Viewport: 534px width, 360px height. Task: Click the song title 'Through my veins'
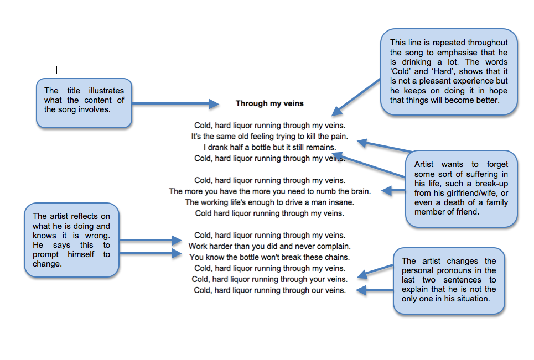pyautogui.click(x=269, y=103)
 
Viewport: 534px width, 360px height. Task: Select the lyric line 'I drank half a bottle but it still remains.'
pyautogui.click(x=269, y=147)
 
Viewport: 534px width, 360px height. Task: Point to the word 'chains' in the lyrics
pyautogui.click(x=337, y=257)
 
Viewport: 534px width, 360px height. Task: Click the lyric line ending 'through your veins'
pyautogui.click(x=269, y=279)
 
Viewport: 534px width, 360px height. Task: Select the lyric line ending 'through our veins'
pyautogui.click(x=269, y=290)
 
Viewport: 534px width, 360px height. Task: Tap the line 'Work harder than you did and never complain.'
pyautogui.click(x=269, y=246)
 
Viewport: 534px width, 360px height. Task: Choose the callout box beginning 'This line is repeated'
pyautogui.click(x=449, y=72)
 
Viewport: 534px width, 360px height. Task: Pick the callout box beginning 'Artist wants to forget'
pyautogui.click(x=462, y=188)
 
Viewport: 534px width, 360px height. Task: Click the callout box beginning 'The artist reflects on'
pyautogui.click(x=71, y=240)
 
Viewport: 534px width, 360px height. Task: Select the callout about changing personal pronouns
pyautogui.click(x=449, y=280)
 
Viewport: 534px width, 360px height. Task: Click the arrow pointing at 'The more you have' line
pyautogui.click(x=393, y=191)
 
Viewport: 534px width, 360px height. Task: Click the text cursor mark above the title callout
pyautogui.click(x=56, y=70)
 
